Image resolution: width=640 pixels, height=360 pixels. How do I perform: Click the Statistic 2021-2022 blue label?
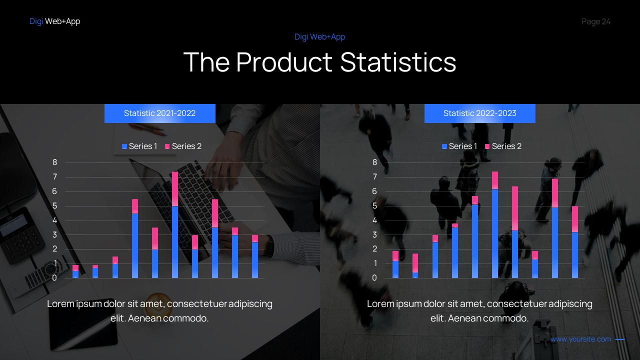[159, 113]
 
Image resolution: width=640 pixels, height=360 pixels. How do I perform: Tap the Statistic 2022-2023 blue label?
[479, 113]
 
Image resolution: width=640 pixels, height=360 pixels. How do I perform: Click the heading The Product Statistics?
[320, 62]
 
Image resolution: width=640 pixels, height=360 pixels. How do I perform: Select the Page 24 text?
[596, 21]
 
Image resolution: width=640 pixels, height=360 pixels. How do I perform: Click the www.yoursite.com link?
[580, 339]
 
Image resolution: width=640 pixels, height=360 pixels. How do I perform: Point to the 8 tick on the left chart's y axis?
[55, 162]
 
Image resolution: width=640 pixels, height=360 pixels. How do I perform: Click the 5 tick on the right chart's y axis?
[375, 206]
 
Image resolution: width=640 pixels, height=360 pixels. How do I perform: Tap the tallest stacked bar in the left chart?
[175, 225]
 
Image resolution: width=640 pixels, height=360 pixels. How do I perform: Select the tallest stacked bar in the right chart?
[495, 225]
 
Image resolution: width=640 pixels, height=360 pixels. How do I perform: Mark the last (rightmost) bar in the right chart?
[575, 242]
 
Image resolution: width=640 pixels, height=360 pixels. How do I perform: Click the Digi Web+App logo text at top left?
[54, 21]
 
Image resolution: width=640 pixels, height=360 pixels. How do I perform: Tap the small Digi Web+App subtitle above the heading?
[319, 37]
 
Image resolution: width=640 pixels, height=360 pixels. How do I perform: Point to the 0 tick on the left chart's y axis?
[55, 278]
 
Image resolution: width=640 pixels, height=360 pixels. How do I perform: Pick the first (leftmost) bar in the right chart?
[395, 265]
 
